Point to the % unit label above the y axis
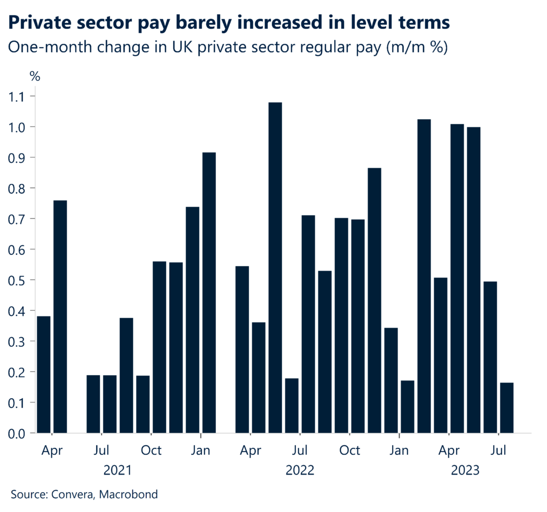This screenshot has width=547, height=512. coord(35,76)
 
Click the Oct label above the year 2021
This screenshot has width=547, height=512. coord(151,451)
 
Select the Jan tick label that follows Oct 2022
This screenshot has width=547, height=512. coord(399,451)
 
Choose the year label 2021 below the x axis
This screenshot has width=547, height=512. coord(118,471)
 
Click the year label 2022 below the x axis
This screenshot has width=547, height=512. coord(300,471)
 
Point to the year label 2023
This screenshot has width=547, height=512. coord(465,471)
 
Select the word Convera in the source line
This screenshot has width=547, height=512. coord(72,494)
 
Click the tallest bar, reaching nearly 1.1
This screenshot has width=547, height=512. coord(275,267)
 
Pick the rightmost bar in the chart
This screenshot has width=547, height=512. coord(506,407)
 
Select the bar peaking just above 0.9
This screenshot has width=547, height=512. coord(209,292)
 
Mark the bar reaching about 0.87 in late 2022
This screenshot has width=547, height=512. coord(374,300)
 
